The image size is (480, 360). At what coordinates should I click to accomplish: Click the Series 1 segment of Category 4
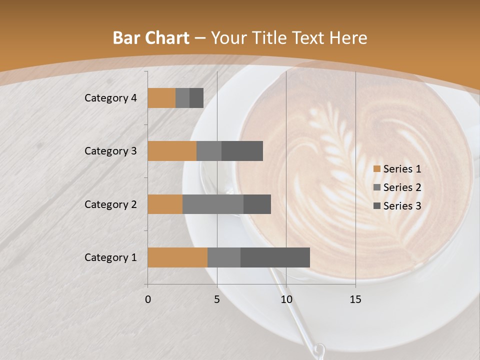click(161, 98)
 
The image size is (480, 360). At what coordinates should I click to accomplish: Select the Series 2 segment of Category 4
click(182, 98)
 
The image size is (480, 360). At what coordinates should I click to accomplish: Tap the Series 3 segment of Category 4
click(196, 98)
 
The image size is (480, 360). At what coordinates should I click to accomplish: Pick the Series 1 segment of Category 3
click(172, 151)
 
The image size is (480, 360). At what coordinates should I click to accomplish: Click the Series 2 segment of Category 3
click(209, 151)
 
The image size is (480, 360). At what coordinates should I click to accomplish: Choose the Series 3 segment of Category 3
click(242, 151)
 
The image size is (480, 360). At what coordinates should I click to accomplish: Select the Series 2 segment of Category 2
click(213, 204)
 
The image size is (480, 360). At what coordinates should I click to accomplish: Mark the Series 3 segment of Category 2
click(257, 204)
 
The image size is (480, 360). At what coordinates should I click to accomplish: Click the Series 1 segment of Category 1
click(177, 257)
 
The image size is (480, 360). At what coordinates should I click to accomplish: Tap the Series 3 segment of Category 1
click(275, 257)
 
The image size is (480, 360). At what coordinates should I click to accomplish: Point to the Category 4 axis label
click(110, 98)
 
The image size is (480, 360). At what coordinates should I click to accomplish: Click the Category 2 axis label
click(110, 204)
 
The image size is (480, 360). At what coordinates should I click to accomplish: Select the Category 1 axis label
click(110, 257)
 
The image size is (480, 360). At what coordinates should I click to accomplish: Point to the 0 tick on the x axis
click(148, 299)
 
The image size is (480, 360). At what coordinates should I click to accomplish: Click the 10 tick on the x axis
click(286, 299)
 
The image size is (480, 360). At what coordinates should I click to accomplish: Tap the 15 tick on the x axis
click(355, 299)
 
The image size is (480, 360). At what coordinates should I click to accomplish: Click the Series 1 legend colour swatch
click(377, 169)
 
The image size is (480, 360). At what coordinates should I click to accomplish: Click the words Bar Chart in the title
click(151, 38)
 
